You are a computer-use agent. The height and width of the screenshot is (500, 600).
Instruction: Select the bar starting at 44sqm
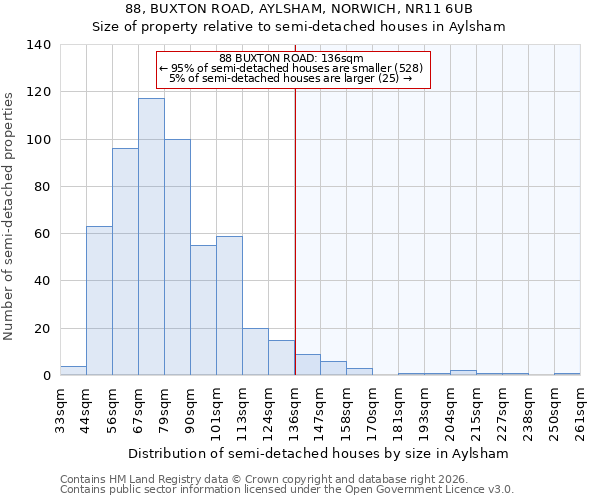99,301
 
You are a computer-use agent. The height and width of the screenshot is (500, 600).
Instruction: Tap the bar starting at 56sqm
125,262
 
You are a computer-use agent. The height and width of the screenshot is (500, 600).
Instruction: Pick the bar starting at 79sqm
177,257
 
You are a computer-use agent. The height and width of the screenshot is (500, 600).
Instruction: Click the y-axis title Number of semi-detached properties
10,215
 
